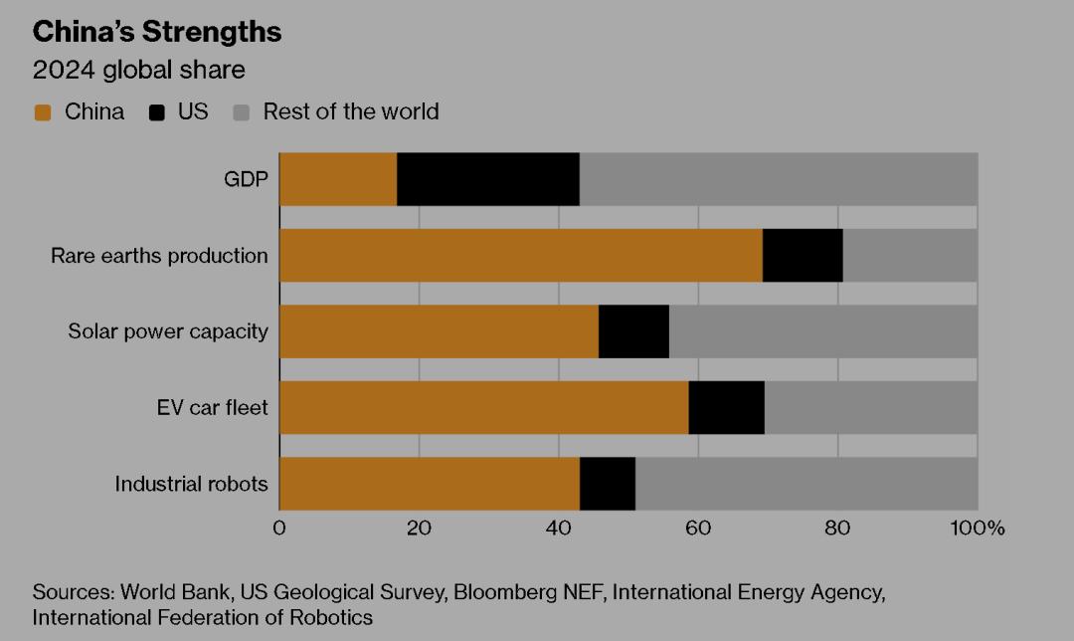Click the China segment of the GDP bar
pos(338,179)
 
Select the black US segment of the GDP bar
pos(488,179)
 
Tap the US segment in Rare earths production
pos(803,256)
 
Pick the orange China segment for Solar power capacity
pos(439,331)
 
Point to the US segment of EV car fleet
pos(726,407)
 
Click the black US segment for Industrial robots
pos(608,484)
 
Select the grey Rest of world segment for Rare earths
pos(910,256)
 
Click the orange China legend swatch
pos(42,112)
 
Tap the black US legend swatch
pos(156,112)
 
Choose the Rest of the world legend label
pos(350,111)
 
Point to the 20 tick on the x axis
pos(419,528)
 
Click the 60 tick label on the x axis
pos(698,528)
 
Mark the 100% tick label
pos(978,528)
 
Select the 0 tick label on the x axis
pos(279,528)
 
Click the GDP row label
pos(246,180)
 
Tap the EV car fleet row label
pos(212,408)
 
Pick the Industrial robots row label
pos(191,485)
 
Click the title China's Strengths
pos(157,32)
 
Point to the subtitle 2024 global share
pos(139,71)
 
